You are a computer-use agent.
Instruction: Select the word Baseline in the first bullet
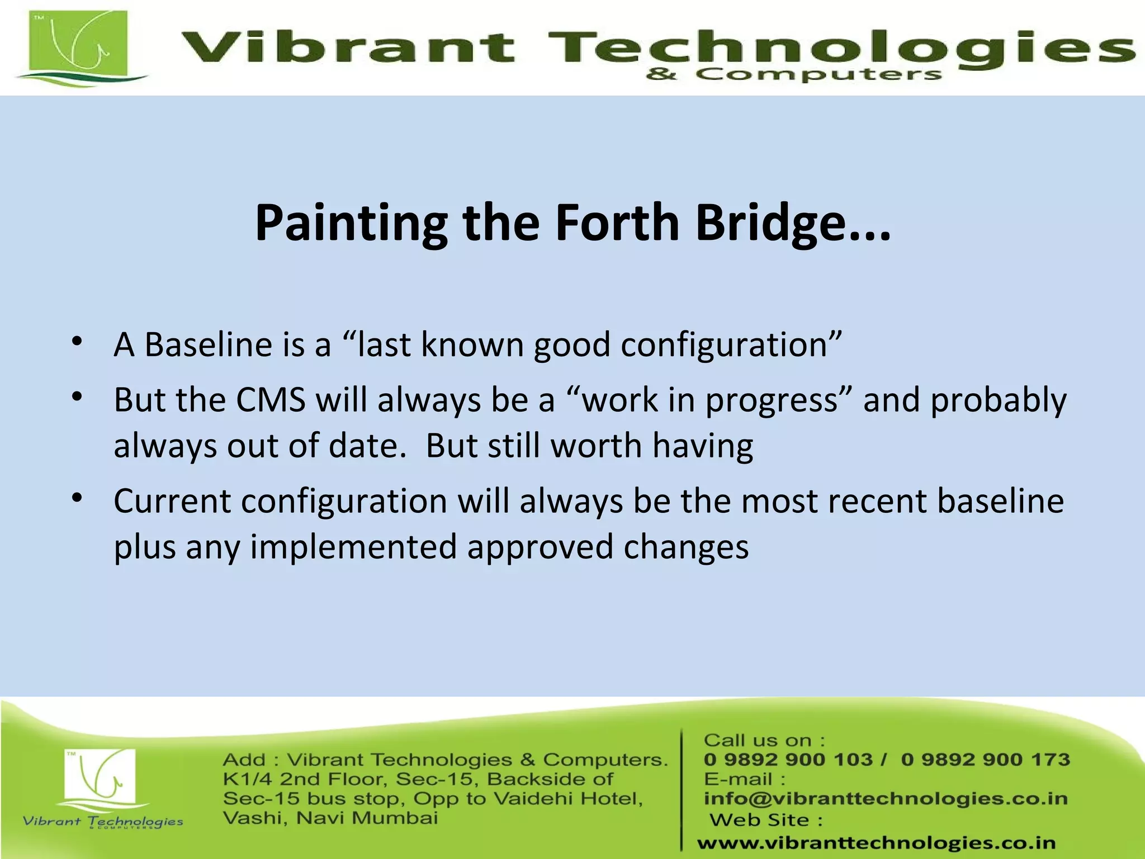click(x=209, y=344)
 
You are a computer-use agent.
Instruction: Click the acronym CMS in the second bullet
click(x=271, y=400)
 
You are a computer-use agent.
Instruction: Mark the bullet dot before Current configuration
click(x=77, y=497)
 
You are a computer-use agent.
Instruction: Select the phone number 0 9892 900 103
click(x=788, y=759)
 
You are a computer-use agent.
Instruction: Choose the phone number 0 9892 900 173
click(x=985, y=759)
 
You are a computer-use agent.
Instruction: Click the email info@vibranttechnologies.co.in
click(x=886, y=799)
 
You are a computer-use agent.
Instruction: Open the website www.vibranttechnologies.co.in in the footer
click(x=876, y=843)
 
